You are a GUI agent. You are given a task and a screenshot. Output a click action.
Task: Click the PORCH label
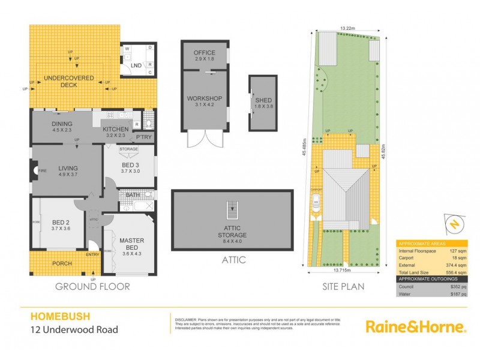point(62,263)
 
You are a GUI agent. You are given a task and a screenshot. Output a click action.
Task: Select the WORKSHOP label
point(205,98)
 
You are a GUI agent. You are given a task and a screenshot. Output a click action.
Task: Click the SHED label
point(263,100)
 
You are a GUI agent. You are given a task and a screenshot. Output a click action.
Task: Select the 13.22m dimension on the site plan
point(346,28)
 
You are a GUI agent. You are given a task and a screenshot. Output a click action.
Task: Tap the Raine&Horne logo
point(415,327)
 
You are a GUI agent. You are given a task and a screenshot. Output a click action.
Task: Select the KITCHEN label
point(115,130)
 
